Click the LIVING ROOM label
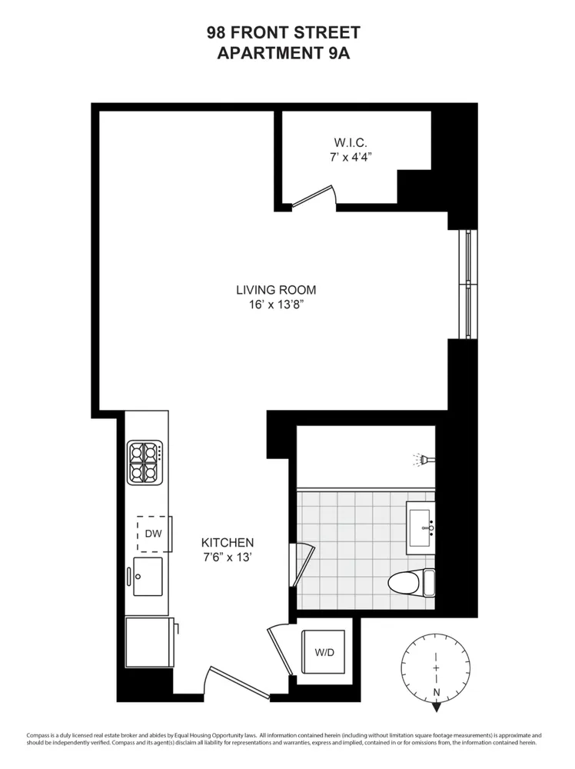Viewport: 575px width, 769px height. pos(276,290)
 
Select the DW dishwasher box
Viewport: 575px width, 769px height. pos(153,534)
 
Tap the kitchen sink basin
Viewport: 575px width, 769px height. pos(148,576)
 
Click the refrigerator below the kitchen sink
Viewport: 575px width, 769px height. pos(149,643)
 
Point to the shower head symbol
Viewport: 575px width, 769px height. pos(422,461)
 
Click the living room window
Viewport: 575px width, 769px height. pos(467,284)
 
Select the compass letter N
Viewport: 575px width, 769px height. pos(436,692)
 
